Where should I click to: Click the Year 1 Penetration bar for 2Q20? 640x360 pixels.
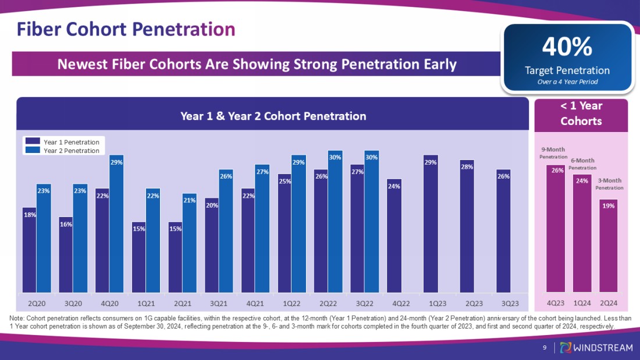(x=29, y=250)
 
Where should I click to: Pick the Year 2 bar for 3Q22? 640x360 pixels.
(x=372, y=221)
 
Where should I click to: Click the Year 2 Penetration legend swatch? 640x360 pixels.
(x=33, y=151)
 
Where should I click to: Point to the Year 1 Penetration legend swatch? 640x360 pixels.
(x=33, y=142)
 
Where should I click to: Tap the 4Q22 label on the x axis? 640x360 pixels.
(x=401, y=303)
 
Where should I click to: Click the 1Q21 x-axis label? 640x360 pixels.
(x=146, y=303)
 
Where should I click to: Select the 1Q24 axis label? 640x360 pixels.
(x=582, y=303)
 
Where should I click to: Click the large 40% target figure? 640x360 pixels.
(x=567, y=47)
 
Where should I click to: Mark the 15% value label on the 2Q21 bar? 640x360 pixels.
(x=176, y=229)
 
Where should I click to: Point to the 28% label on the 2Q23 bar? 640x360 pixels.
(x=467, y=167)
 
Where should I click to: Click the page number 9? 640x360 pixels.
(x=544, y=348)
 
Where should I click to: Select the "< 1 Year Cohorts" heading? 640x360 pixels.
(x=581, y=113)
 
